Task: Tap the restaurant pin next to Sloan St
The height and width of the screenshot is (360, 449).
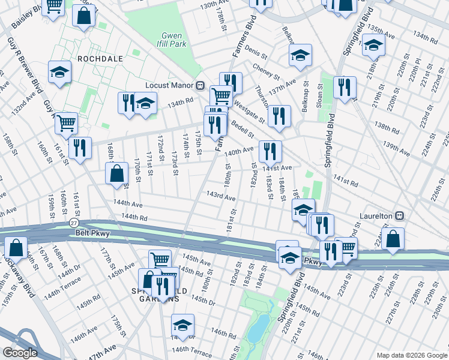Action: click(345, 86)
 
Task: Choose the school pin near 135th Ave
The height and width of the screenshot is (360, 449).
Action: click(373, 46)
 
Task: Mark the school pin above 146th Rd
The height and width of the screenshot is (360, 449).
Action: click(182, 325)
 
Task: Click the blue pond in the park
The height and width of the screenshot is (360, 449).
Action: click(259, 326)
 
